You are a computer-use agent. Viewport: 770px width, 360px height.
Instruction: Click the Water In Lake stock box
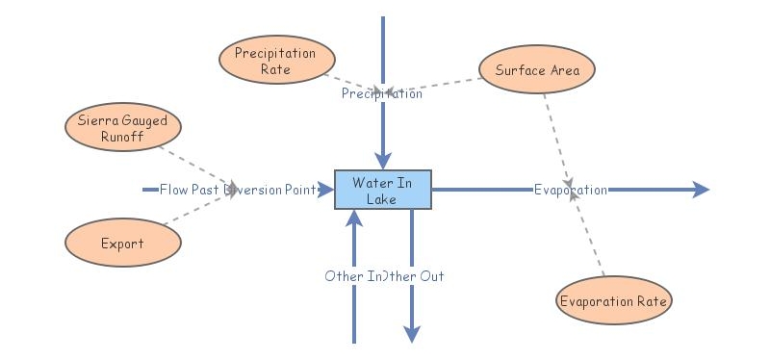point(382,190)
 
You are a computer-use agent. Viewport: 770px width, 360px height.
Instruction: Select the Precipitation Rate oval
point(275,62)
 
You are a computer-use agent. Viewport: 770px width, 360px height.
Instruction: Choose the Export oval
point(122,244)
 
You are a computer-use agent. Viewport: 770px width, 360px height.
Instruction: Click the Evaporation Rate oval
point(613,301)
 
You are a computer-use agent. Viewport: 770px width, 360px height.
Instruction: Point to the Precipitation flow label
point(381,94)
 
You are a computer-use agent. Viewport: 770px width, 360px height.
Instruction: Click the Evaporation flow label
point(570,190)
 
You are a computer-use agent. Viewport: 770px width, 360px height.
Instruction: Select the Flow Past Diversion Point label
point(238,190)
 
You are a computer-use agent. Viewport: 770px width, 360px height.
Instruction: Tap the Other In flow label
point(350,276)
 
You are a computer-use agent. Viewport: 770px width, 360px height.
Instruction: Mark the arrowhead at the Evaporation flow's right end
point(701,190)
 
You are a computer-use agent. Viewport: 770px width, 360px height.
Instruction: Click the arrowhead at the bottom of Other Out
point(412,334)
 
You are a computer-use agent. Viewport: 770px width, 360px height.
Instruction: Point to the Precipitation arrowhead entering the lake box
point(383,161)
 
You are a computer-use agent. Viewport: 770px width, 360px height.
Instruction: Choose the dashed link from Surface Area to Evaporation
point(556,136)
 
